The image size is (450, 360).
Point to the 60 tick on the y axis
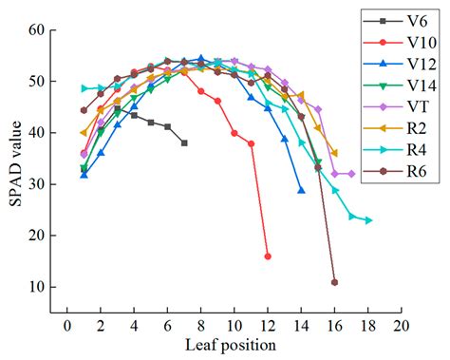(x=39, y=30)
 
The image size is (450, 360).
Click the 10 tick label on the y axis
(x=39, y=287)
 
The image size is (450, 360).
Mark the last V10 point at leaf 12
(x=268, y=256)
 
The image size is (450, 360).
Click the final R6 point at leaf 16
(x=334, y=282)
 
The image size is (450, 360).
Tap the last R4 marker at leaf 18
(x=368, y=220)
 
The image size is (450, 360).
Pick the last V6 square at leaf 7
(x=184, y=143)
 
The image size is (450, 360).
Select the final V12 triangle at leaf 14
(x=301, y=190)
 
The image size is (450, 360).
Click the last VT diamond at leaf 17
(x=351, y=174)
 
